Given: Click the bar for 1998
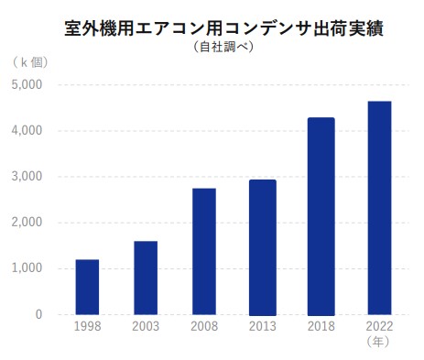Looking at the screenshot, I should pos(87,287).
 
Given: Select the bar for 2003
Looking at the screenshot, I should pos(146,278).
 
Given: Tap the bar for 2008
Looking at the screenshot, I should pos(203,251).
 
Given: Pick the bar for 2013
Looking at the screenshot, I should pos(262,246).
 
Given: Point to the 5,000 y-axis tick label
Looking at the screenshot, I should pos(27,85).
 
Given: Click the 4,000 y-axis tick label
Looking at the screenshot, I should pos(27,131).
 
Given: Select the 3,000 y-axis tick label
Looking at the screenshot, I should pos(27,177).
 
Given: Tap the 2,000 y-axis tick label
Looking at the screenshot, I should pos(27,223).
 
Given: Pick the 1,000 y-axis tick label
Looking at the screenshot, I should pos(27,268).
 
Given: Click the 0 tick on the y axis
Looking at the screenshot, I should pos(38,314).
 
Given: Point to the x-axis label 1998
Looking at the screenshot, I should pos(87,327).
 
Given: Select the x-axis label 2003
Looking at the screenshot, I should pos(146,327).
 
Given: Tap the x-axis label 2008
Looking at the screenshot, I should pos(203,327).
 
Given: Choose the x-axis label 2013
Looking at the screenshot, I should pos(262,327).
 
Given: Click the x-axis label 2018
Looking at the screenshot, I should pos(321,327).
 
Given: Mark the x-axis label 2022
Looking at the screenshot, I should pos(379,327).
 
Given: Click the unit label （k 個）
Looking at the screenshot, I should pos(30,62).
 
